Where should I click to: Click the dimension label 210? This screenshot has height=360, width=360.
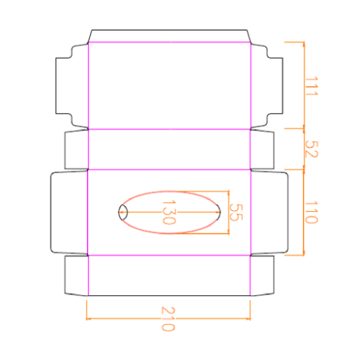[168, 319]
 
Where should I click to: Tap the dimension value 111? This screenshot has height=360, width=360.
[312, 86]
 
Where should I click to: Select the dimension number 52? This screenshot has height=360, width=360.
[312, 149]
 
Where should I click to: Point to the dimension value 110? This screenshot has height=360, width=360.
[312, 212]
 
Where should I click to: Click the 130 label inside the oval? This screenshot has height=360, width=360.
[169, 212]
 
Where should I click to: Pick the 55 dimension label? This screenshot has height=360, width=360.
[236, 212]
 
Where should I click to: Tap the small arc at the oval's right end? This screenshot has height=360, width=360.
[219, 212]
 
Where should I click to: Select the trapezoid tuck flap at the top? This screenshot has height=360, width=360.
[169, 36]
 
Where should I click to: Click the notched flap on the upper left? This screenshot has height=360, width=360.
[72, 86]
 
